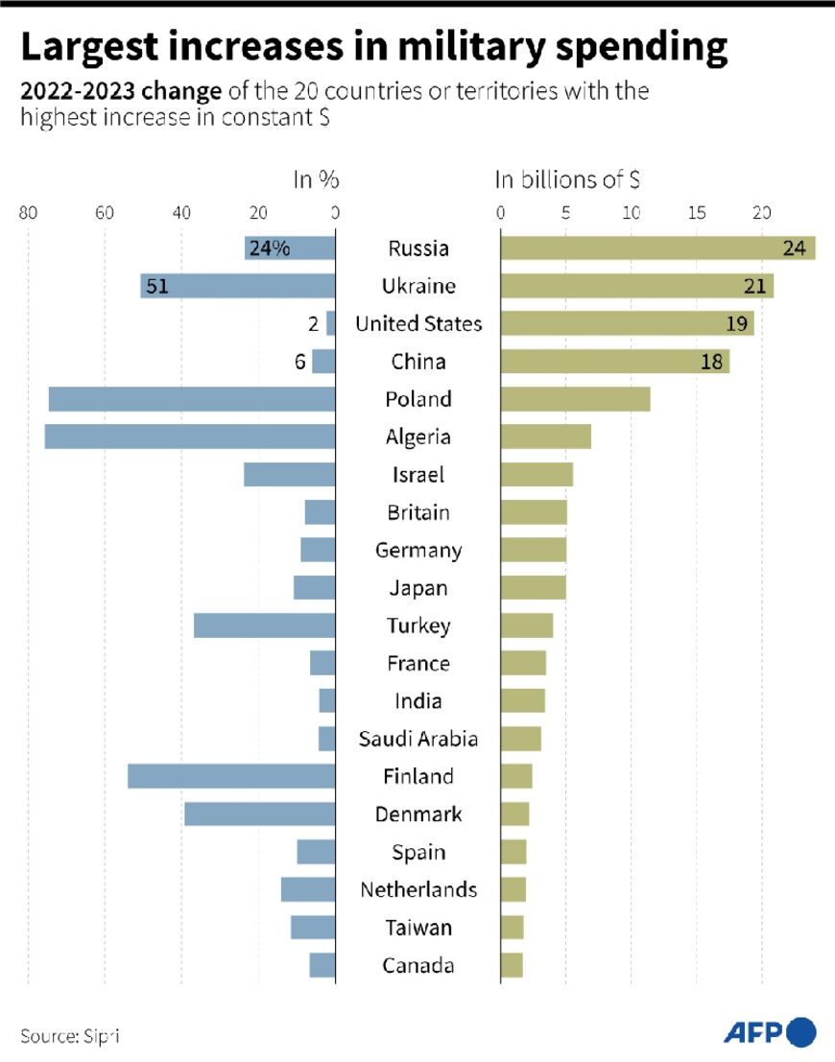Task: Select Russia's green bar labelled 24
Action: (657, 248)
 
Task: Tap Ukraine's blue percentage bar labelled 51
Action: (237, 286)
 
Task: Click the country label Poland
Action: (417, 399)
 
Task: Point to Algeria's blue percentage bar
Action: (189, 437)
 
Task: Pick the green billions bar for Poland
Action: (575, 399)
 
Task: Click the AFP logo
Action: (769, 1032)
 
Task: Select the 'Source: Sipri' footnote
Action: (71, 1036)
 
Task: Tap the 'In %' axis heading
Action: (316, 179)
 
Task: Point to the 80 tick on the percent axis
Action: (29, 213)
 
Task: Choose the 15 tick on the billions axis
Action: (698, 213)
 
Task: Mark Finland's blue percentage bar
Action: (231, 776)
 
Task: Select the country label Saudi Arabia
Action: (417, 739)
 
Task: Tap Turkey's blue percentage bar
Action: (264, 625)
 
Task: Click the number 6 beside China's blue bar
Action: (299, 362)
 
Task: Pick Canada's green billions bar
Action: (512, 965)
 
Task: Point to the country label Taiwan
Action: (417, 928)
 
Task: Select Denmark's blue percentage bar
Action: (259, 814)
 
